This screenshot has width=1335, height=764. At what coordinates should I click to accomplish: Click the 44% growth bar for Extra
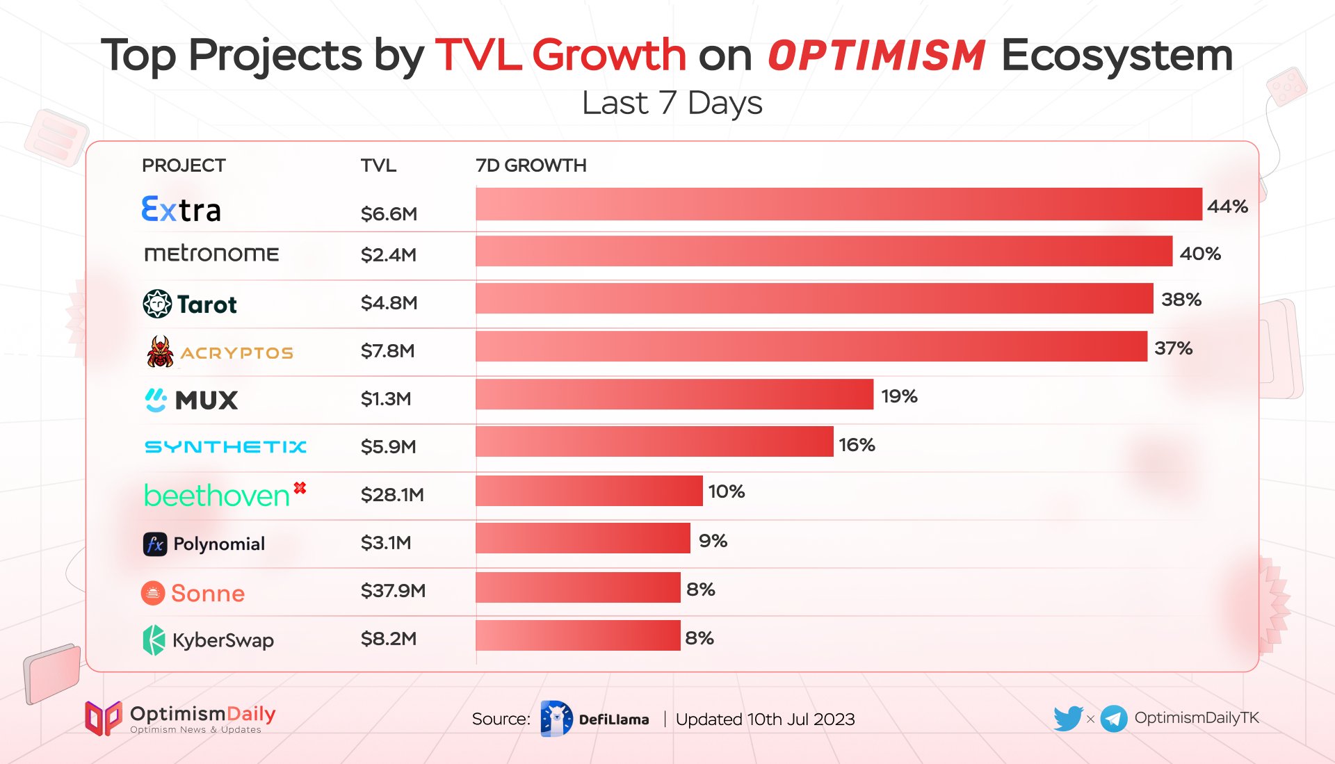839,204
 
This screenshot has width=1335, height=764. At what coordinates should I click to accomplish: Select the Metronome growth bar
823,251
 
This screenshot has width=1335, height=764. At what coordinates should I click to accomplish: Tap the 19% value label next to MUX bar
899,396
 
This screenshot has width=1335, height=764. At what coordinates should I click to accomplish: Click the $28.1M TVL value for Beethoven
392,494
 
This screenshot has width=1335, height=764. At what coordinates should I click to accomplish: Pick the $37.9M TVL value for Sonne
393,590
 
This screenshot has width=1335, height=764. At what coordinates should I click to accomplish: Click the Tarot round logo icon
157,304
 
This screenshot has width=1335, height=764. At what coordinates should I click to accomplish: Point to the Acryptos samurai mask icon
160,351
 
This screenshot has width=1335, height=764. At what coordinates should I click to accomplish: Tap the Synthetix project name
225,446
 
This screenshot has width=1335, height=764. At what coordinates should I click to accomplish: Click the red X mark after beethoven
300,488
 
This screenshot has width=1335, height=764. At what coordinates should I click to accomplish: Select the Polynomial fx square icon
155,544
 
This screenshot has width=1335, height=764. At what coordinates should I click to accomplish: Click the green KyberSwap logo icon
154,640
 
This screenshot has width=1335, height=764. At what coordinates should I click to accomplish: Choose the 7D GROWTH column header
531,165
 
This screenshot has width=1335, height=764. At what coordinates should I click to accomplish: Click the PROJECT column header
184,165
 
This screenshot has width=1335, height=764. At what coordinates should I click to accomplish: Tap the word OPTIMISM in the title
876,56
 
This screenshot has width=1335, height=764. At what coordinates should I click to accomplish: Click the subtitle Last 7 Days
672,103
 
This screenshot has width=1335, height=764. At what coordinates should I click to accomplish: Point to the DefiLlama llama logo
556,719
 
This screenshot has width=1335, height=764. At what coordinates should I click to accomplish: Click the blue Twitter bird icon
1067,718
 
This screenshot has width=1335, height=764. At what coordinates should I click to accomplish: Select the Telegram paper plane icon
1114,719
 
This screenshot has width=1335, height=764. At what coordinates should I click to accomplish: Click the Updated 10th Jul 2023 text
765,719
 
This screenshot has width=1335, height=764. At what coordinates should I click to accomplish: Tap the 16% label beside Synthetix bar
857,445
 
